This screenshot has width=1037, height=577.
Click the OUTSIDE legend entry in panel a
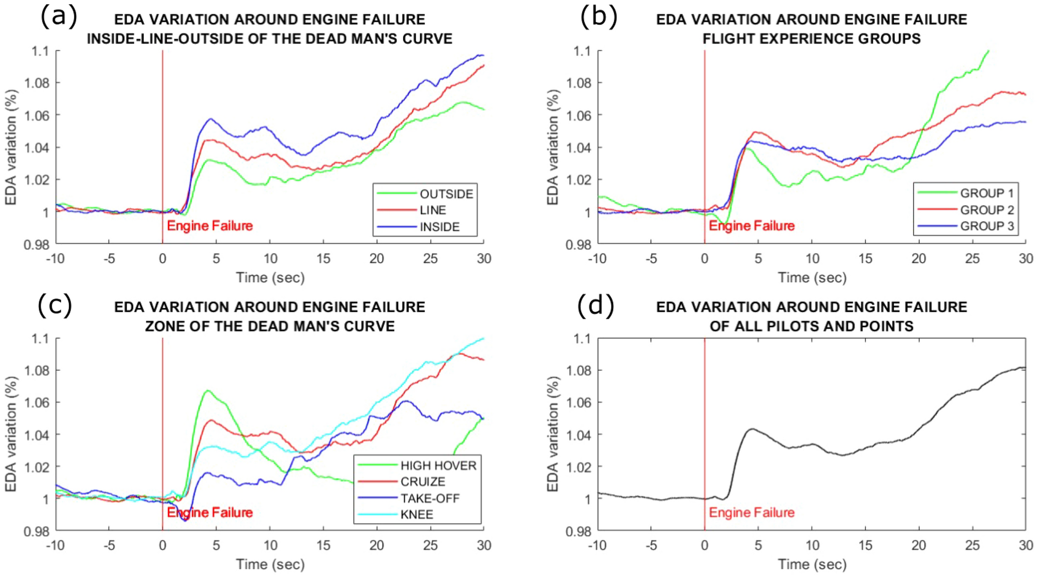click(446, 194)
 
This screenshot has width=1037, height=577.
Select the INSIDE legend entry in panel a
click(439, 227)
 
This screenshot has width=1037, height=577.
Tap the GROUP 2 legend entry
click(986, 210)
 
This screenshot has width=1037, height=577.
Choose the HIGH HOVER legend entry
click(438, 465)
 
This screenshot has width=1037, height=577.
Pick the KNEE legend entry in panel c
click(416, 514)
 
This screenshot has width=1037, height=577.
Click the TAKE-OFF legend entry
click(430, 498)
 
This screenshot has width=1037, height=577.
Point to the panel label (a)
click(58, 17)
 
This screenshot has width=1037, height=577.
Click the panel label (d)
click(596, 305)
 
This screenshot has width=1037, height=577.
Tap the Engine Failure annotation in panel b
click(751, 226)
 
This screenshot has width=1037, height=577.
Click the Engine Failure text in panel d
click(751, 512)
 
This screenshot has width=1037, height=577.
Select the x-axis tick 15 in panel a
click(323, 259)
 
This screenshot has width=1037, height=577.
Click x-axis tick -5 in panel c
click(109, 545)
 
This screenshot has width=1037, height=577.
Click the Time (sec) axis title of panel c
click(270, 564)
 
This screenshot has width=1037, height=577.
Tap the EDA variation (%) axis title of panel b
click(553, 147)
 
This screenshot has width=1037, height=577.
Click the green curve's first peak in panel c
click(208, 390)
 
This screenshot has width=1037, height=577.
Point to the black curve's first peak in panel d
click(752, 429)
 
